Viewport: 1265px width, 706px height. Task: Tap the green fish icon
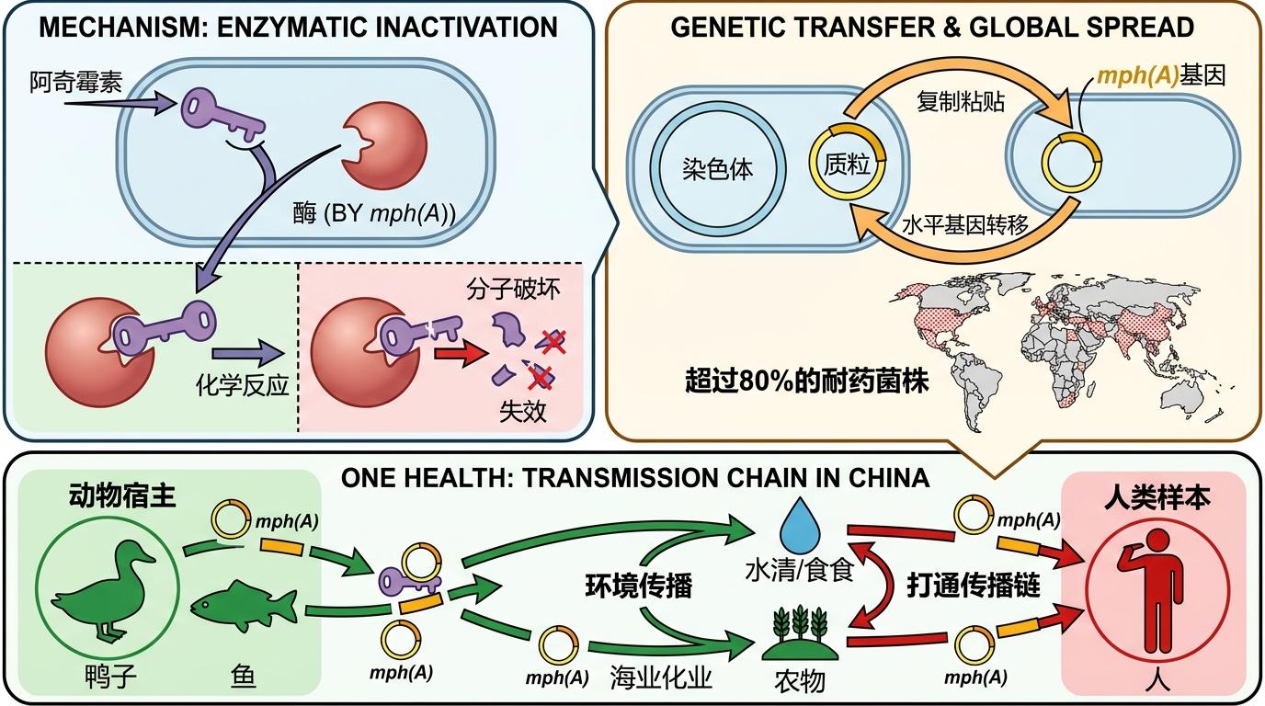point(245,607)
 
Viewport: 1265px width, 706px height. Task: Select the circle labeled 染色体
point(717,170)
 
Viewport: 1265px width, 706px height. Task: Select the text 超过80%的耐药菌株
point(806,381)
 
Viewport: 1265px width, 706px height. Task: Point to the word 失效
point(523,411)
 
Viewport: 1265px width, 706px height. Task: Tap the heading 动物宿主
point(122,496)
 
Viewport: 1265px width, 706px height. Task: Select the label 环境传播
point(638,586)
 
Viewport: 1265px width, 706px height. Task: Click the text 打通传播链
point(974,586)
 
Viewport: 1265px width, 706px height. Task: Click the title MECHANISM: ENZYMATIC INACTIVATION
point(298,27)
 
